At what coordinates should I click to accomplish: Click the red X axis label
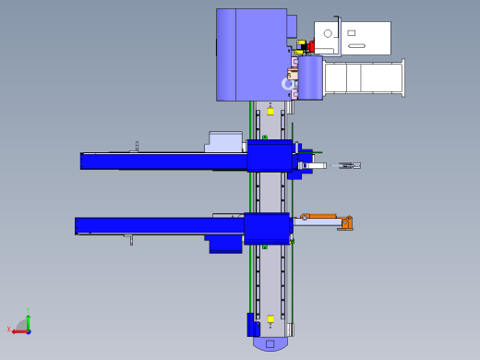[9, 330]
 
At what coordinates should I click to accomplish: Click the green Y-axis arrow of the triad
[29, 321]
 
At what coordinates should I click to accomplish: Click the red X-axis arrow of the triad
[18, 330]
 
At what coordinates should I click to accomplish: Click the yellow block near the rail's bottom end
[270, 319]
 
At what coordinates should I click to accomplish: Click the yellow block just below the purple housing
[270, 111]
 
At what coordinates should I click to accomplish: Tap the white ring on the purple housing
[288, 84]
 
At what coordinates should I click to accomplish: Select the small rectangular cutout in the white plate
[352, 32]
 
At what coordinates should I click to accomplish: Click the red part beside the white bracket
[311, 45]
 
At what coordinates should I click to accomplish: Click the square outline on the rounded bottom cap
[270, 344]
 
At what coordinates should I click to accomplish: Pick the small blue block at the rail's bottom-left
[251, 325]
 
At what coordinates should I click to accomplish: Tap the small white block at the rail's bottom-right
[289, 329]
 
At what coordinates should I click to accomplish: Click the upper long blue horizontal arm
[162, 161]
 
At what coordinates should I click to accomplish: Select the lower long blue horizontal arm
[157, 225]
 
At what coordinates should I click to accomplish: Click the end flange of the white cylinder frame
[402, 78]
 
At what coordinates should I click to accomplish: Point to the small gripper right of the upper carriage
[348, 165]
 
